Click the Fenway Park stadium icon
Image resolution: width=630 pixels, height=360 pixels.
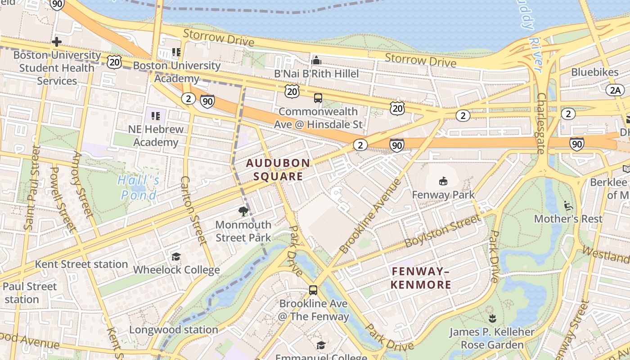[443, 181]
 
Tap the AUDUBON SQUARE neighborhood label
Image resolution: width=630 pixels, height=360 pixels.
[278, 170]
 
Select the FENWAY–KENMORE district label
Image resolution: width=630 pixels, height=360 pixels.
[421, 278]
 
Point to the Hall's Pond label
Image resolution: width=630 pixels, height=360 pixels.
[139, 188]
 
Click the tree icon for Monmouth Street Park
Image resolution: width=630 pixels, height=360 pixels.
[243, 211]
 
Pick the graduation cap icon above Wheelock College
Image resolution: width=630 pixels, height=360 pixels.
[176, 256]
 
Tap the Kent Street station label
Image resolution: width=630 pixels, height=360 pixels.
[81, 264]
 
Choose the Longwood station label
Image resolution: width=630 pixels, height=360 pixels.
[174, 330]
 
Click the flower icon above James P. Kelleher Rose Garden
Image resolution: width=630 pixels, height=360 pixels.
[492, 319]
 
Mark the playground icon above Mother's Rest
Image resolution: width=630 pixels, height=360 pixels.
[568, 206]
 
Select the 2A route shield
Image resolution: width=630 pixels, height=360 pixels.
[615, 90]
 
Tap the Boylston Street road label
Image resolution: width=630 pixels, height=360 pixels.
[442, 231]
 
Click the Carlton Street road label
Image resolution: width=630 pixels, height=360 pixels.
[194, 211]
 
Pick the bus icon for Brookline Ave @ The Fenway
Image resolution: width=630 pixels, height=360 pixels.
[313, 290]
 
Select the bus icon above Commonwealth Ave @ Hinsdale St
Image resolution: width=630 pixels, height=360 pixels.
[318, 98]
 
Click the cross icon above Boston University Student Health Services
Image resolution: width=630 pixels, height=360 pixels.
[57, 42]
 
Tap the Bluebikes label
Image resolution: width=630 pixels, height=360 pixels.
[595, 72]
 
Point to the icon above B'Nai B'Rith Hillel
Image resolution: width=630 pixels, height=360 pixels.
[316, 60]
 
